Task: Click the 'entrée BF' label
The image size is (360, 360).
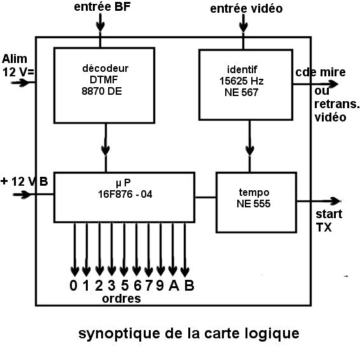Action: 102,7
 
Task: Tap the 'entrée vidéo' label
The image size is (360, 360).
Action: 246,9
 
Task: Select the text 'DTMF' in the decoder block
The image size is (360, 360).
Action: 104,80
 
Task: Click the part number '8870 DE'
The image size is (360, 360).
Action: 102,92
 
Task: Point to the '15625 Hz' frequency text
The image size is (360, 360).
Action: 241,81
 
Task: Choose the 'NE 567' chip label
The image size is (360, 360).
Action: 241,92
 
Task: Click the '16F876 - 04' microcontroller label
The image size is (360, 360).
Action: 125,195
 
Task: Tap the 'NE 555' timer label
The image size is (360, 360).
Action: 254,204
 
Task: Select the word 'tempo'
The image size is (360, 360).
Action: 254,192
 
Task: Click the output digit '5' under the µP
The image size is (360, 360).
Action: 125,286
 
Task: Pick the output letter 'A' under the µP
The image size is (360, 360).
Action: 174,286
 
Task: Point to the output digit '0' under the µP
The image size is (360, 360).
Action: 74,286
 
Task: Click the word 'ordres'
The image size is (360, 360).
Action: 121,299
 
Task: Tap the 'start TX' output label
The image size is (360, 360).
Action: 329,221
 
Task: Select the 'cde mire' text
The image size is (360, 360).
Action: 321,73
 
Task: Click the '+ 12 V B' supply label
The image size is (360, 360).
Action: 24,182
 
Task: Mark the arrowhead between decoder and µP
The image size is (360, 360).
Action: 106,150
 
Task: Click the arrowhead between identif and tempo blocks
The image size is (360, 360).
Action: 250,150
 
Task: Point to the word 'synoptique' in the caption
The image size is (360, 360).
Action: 119,334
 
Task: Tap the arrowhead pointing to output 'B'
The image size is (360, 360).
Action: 185,271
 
